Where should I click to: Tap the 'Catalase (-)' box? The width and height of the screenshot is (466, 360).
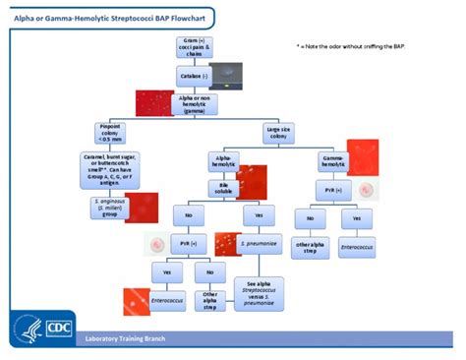pyautogui.click(x=192, y=74)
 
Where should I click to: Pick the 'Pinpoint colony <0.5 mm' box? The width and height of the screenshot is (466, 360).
pyautogui.click(x=111, y=133)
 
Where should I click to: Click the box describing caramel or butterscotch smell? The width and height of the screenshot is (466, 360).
pyautogui.click(x=111, y=168)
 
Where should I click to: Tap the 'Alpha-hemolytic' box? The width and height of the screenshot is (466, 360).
pyautogui.click(x=225, y=160)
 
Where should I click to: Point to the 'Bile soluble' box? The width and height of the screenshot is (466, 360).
pyautogui.click(x=225, y=187)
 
